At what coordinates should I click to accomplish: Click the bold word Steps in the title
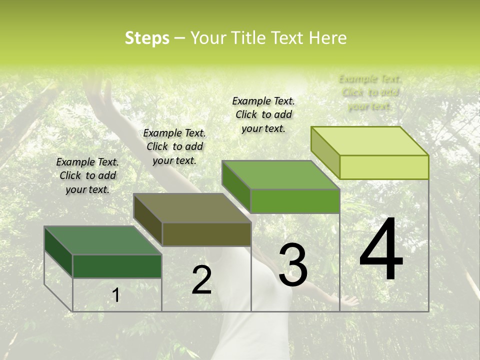(147, 38)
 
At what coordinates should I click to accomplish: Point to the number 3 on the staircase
(293, 265)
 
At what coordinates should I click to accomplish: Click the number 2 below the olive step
(201, 279)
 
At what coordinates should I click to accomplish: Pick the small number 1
(116, 295)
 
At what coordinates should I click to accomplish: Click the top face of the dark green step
(103, 240)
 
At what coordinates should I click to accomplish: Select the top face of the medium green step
(280, 175)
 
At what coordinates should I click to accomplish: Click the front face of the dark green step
(117, 266)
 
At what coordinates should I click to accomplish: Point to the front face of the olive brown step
(206, 234)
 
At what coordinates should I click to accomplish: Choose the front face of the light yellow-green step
(384, 167)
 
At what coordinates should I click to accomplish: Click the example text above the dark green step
(87, 175)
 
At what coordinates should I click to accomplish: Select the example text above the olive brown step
(174, 146)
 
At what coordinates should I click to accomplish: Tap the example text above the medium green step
(263, 114)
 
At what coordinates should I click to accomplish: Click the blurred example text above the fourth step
(370, 92)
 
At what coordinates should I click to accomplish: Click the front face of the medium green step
(295, 201)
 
